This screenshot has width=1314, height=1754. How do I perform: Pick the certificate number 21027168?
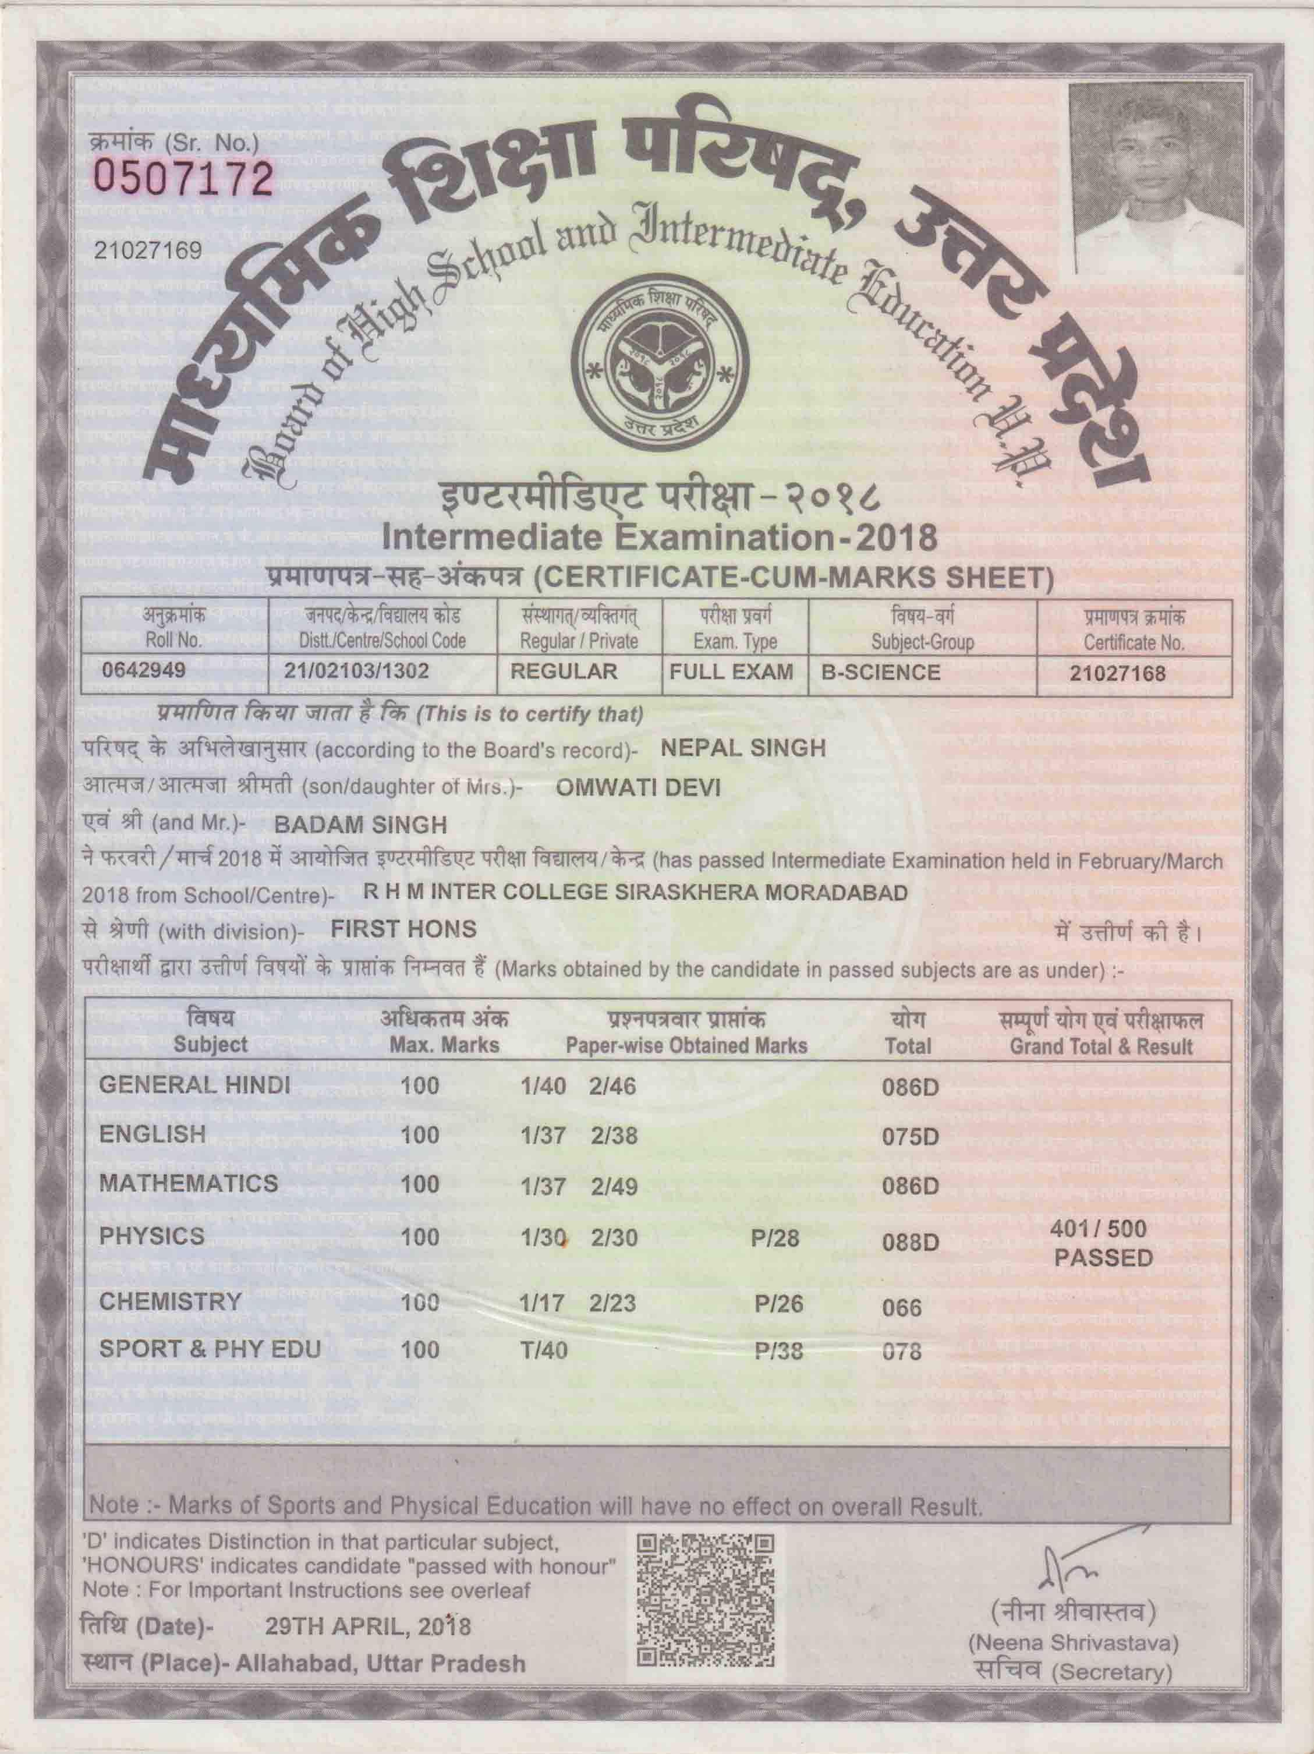1117,674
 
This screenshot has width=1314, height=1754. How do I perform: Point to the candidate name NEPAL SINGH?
743,748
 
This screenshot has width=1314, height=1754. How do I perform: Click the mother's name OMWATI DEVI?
627,787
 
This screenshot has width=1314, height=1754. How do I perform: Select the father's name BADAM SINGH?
360,825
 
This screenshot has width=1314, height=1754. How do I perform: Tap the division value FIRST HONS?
403,929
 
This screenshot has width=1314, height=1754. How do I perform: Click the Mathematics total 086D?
910,1187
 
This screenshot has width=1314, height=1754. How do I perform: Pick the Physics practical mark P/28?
774,1238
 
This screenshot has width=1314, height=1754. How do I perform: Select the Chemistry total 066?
901,1307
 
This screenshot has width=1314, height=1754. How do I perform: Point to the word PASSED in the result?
1103,1258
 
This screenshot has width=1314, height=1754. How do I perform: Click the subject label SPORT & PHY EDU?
210,1349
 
